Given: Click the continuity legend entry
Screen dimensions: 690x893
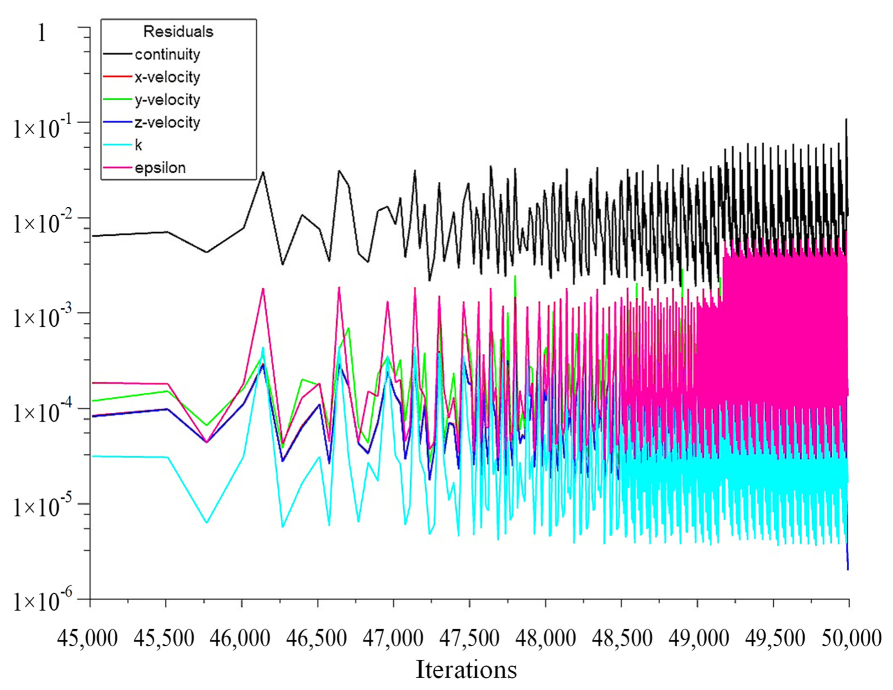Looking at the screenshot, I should pos(167,54).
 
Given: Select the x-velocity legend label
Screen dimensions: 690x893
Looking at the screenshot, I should pos(167,77).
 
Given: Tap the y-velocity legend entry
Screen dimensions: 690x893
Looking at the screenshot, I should pos(167,100).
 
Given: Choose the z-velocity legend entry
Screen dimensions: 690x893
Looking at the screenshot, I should pos(167,123).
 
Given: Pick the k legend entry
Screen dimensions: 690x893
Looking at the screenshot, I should pos(139,145).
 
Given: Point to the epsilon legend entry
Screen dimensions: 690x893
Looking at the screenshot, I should pos(160,168).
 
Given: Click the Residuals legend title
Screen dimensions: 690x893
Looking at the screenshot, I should pos(178,32).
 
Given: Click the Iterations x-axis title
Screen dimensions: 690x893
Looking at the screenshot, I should pos(466,669).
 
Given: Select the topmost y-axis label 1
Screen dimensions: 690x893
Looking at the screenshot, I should pos(42,33).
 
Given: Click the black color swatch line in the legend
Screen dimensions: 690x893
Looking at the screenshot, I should pos(118,54).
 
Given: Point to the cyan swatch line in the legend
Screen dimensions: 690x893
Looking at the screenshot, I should pos(118,145).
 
